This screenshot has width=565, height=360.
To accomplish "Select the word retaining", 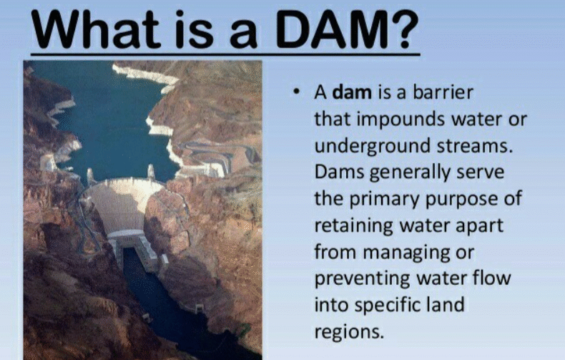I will tap(358, 225).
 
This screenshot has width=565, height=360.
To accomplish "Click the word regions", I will tap(349, 331).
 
